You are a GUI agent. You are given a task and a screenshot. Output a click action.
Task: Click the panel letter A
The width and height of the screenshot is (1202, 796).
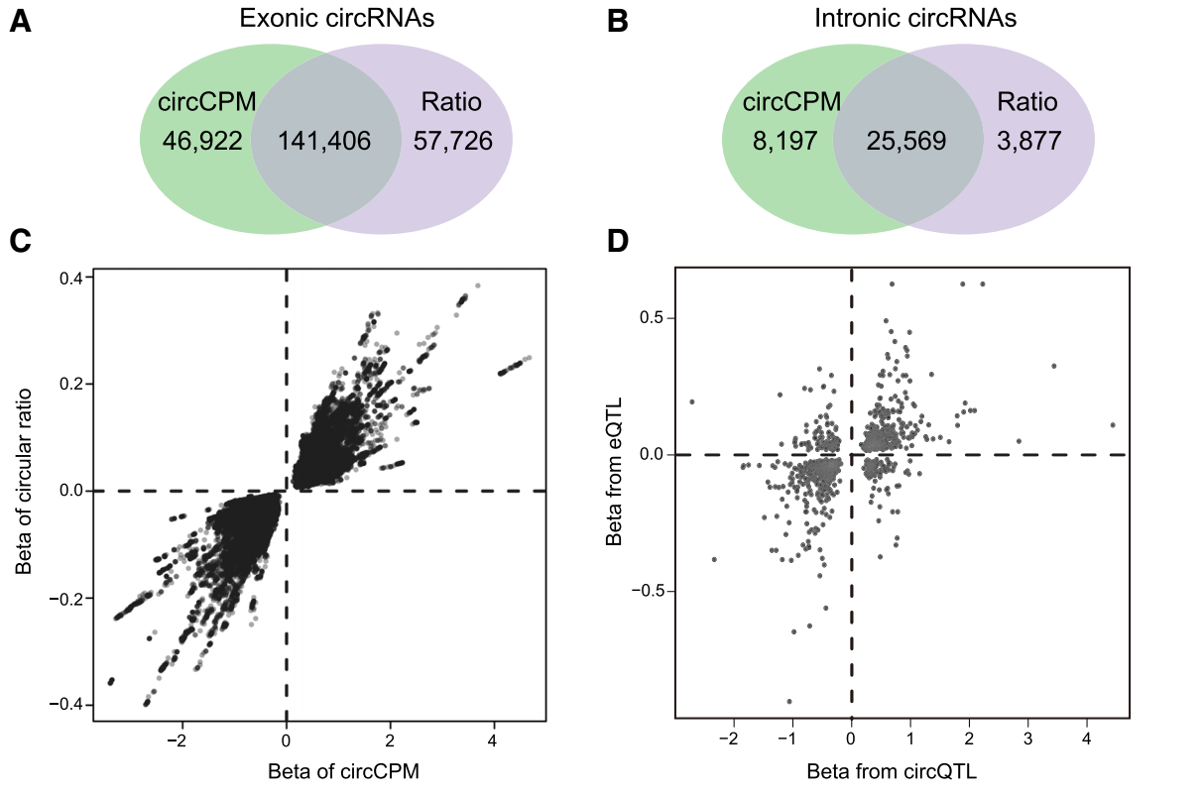pyautogui.click(x=21, y=22)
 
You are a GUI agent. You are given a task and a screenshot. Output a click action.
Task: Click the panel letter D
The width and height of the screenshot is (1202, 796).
pyautogui.click(x=618, y=241)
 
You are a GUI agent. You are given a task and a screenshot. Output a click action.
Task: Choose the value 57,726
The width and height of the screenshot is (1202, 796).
pyautogui.click(x=452, y=141)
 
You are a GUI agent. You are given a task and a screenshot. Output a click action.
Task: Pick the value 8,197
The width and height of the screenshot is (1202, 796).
pyautogui.click(x=784, y=141)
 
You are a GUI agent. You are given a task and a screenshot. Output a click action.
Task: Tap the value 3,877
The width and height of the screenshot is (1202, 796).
pyautogui.click(x=1027, y=141)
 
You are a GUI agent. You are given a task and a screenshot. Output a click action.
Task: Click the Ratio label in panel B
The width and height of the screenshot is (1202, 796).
pyautogui.click(x=1027, y=102)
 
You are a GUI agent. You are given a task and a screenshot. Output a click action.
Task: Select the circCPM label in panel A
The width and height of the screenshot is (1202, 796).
pyautogui.click(x=207, y=102)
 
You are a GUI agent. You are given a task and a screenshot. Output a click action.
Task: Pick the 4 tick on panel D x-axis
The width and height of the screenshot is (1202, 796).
pyautogui.click(x=1086, y=739)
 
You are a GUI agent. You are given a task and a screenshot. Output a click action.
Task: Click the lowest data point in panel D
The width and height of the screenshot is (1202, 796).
pyautogui.click(x=789, y=701)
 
